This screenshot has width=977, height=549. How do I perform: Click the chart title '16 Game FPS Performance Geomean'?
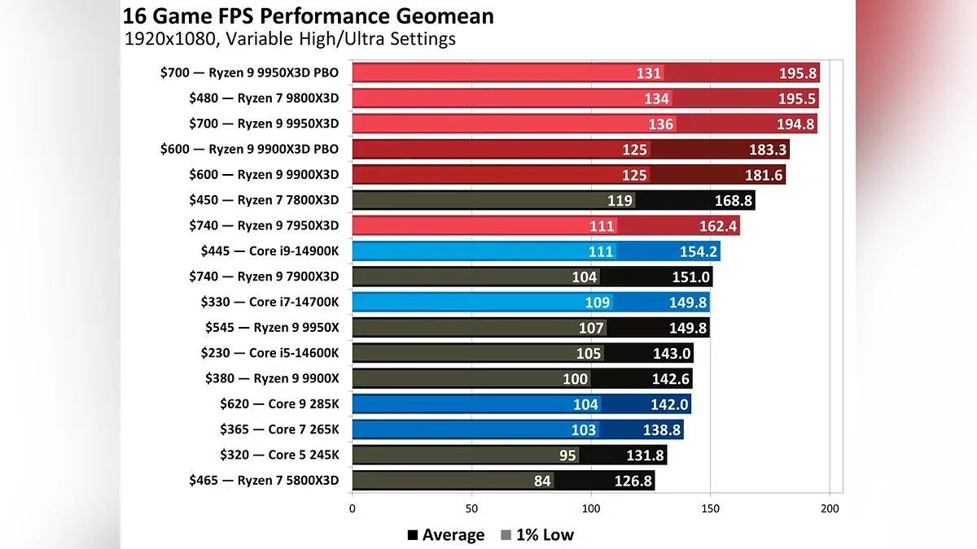click(x=308, y=15)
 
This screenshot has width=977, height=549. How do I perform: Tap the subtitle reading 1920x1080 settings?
click(x=289, y=38)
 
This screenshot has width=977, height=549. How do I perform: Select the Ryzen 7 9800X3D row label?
click(x=263, y=98)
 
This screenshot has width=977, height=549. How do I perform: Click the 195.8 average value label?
click(x=797, y=73)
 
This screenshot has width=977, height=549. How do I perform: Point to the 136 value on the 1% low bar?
click(x=660, y=124)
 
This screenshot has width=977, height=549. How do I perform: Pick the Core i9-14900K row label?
click(x=269, y=251)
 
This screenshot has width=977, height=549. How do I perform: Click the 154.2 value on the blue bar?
click(x=697, y=251)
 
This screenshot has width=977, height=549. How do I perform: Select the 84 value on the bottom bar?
click(x=542, y=481)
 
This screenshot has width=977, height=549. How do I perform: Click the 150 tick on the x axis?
click(x=711, y=509)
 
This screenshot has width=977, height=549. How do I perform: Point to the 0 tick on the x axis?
click(x=352, y=509)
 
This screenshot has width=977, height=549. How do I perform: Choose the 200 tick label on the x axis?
click(x=830, y=509)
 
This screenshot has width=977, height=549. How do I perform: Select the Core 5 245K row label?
click(x=279, y=455)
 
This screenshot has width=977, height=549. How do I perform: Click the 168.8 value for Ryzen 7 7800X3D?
click(x=733, y=200)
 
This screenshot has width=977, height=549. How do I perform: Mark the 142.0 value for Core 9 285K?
click(x=670, y=404)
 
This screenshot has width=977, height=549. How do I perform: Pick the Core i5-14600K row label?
click(x=269, y=353)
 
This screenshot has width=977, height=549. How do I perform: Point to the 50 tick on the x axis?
click(x=471, y=509)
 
